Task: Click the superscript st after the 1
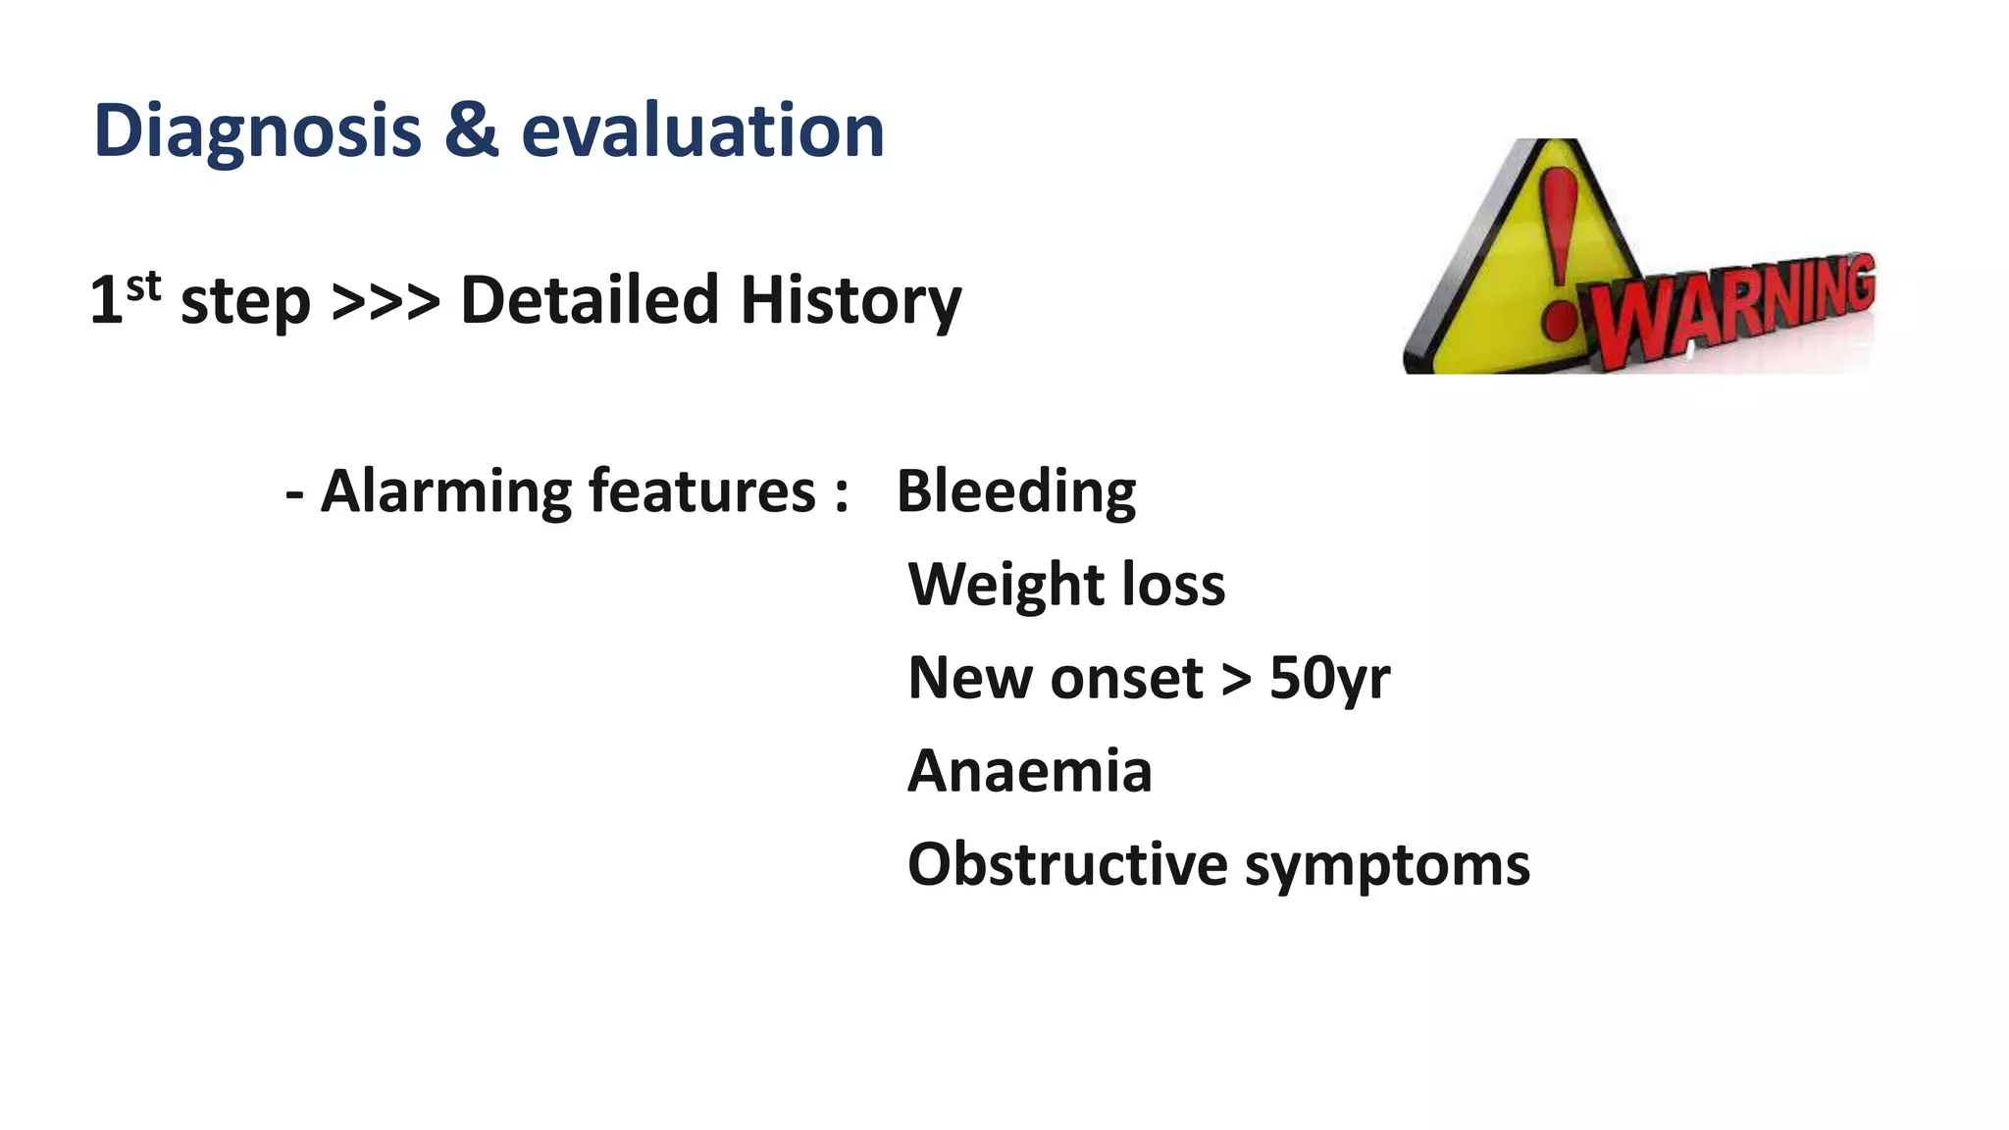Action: (143, 286)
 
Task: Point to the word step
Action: (245, 302)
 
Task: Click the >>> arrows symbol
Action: (386, 301)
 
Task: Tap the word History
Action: (850, 301)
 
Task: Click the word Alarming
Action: (446, 491)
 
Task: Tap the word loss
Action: (1173, 585)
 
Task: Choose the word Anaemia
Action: (1030, 771)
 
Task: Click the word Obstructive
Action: (1067, 864)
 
